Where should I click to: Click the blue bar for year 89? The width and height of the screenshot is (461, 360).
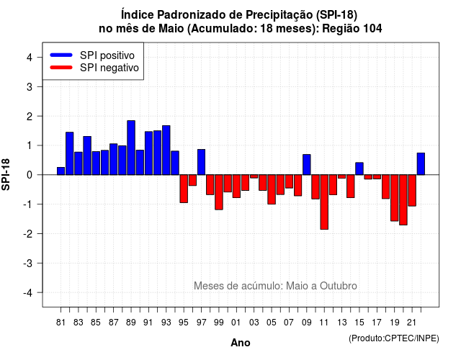131,148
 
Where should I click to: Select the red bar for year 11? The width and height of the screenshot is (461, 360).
324,202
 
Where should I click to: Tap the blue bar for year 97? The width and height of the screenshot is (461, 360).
202,162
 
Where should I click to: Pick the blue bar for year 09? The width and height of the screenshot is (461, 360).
307,165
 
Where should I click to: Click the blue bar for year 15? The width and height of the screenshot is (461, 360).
359,168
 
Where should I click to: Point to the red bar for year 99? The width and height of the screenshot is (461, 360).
219,192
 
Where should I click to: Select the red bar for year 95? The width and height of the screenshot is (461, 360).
184,189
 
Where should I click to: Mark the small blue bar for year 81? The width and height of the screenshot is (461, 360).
61,171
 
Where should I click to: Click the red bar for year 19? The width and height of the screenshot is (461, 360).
395,198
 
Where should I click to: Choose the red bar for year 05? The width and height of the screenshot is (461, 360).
272,189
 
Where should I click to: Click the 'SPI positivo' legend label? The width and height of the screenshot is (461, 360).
107,55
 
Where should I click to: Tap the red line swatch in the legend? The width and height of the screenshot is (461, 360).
61,68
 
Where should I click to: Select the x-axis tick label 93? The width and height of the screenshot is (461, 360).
166,323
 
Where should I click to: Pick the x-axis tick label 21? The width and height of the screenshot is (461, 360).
412,323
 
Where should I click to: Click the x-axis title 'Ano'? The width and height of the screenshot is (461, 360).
241,343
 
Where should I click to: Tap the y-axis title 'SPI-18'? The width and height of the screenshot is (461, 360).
6,174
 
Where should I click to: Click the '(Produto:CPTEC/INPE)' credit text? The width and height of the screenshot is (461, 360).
394,338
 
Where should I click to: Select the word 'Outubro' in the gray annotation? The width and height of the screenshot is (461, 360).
339,286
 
